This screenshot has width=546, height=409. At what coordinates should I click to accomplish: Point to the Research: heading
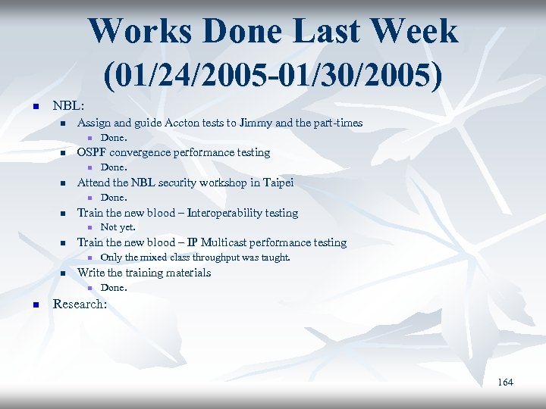(x=80, y=304)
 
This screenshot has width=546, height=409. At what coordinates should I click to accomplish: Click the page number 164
(x=505, y=382)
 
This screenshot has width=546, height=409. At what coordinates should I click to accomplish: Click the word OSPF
(x=93, y=153)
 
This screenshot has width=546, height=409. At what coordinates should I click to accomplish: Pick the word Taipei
(x=277, y=183)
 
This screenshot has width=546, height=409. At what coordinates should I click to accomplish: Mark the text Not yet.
(x=118, y=227)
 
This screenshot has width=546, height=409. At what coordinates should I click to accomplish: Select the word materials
(x=186, y=273)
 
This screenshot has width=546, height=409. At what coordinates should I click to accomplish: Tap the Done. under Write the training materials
(x=114, y=288)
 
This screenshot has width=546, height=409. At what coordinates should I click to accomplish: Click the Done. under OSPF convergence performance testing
(x=114, y=167)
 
